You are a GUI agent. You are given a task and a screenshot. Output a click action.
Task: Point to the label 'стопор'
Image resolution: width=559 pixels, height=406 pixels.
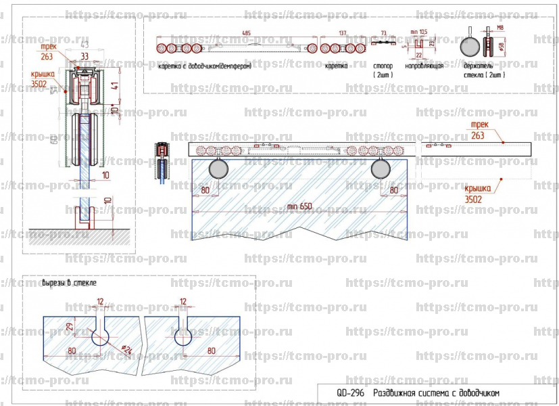(x=383, y=66)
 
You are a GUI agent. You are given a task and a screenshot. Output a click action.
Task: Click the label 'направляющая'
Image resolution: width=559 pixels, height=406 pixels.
(x=424, y=66)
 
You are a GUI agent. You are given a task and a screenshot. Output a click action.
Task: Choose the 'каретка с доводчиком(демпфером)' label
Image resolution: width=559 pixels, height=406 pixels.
(x=205, y=66)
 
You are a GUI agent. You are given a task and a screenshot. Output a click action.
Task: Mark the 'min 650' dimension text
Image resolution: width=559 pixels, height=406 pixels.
(x=300, y=206)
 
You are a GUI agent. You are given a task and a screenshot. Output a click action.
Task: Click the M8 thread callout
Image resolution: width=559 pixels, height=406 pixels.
(x=501, y=28)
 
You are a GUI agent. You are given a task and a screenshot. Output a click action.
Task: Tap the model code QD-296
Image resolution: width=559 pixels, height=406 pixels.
(x=351, y=392)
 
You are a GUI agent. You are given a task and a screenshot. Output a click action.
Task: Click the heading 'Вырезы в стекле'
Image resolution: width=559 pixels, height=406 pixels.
(x=70, y=281)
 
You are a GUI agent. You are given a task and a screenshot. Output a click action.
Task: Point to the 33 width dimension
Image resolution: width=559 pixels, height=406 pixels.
(x=84, y=56)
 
